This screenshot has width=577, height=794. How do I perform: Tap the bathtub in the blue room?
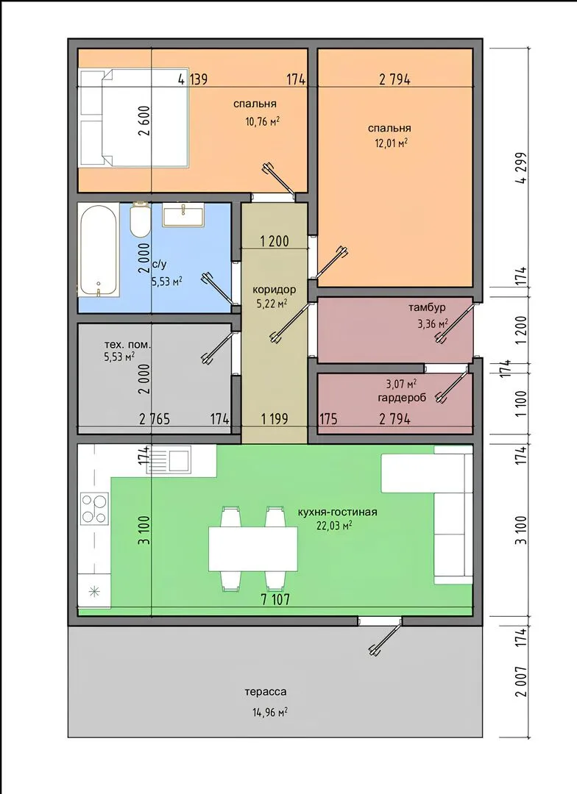[x=99, y=251]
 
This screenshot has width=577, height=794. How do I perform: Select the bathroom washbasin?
[x=183, y=215]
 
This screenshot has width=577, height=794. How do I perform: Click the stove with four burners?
[x=95, y=508]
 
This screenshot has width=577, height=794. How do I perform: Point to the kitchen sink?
[x=169, y=459]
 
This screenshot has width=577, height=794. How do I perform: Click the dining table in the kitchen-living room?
[x=253, y=548]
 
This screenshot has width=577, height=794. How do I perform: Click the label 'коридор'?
[x=275, y=290]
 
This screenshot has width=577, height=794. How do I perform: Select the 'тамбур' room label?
[x=427, y=307]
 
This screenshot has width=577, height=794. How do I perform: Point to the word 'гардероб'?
[x=402, y=398]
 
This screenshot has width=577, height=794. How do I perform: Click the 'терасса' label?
[x=266, y=692]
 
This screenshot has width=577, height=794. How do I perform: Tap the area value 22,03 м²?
[x=335, y=526]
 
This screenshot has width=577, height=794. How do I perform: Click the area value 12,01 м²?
[x=392, y=143]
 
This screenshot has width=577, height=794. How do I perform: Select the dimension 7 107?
[x=275, y=600]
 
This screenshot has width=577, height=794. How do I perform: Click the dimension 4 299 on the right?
[x=521, y=168]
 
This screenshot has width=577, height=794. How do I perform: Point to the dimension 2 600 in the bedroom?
[x=144, y=121]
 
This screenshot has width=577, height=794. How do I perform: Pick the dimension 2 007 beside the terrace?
[x=521, y=681]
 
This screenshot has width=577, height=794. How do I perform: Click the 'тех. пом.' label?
[x=127, y=346]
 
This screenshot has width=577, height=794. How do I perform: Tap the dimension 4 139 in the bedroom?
[x=193, y=79]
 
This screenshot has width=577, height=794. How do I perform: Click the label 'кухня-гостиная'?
[x=338, y=512]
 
